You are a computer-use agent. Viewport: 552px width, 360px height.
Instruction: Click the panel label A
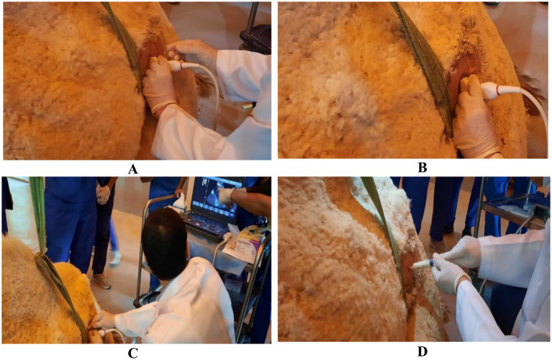132,169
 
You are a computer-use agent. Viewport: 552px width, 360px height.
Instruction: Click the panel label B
422,168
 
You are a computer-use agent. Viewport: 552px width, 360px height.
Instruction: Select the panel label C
132,353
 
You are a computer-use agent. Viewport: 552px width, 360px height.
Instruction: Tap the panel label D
422,351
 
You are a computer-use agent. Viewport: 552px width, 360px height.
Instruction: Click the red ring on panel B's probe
497,91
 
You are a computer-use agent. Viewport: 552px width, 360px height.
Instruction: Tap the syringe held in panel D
423,264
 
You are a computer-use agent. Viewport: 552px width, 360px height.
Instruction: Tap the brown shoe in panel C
101,281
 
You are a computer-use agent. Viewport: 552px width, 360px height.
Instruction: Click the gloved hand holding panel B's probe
474,120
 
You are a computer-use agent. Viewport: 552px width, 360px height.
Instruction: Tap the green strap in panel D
384,228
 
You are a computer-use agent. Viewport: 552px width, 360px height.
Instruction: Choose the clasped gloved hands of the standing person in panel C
103,195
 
